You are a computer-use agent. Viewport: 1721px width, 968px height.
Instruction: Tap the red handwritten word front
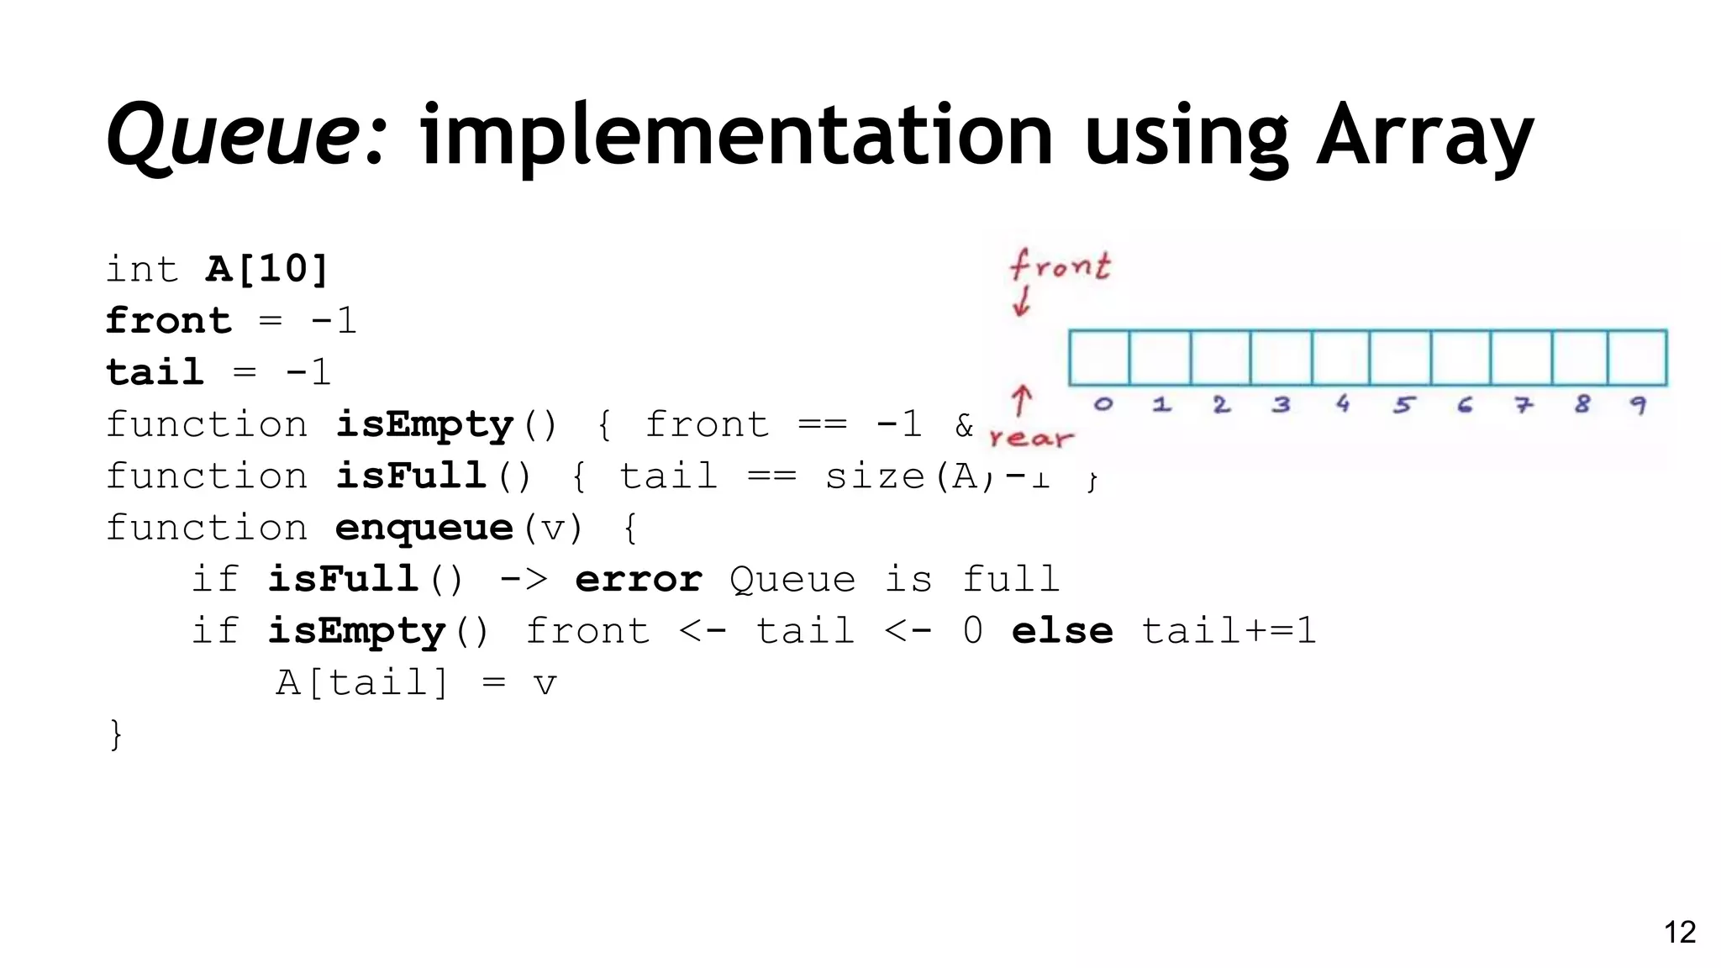[x=1060, y=265]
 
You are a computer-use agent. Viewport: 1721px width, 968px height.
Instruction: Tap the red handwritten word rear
[x=1031, y=438]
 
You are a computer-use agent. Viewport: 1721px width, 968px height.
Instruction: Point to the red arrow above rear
[x=1021, y=401]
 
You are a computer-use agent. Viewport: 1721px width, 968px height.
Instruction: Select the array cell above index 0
[x=1099, y=358]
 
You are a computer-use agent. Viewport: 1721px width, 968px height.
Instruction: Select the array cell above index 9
[x=1637, y=358]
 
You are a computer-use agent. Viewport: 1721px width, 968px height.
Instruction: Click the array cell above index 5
[x=1400, y=358]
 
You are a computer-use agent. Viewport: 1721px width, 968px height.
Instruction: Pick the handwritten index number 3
[x=1281, y=405]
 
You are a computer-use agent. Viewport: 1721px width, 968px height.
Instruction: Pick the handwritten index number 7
[x=1523, y=405]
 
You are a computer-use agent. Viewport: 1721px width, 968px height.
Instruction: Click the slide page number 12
[x=1680, y=932]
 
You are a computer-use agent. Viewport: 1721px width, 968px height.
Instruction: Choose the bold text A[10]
[x=266, y=270]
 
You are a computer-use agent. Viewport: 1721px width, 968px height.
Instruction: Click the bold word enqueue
[x=424, y=529]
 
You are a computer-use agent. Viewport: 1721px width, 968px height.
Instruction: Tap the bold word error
[x=639, y=580]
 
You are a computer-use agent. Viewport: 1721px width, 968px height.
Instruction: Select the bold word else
[x=1062, y=631]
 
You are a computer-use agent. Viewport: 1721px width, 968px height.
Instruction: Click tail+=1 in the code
[x=1228, y=631]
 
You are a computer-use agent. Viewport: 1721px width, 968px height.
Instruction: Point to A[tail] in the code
[x=362, y=682]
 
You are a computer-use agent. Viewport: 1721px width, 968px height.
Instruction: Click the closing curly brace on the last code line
[x=116, y=734]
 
